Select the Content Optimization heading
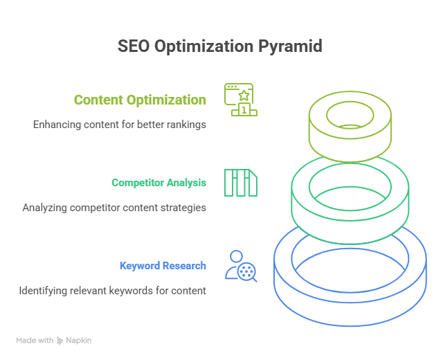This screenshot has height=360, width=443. tap(140, 100)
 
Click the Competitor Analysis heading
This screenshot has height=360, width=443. tap(159, 183)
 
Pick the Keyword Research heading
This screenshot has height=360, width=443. tap(163, 266)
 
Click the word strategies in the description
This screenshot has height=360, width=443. tap(183, 208)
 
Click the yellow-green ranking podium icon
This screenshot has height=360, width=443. tap(240, 99)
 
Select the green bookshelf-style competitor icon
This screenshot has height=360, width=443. tap(240, 182)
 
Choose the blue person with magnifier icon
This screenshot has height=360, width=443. tap(240, 266)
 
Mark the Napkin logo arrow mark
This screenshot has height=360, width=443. tap(60, 341)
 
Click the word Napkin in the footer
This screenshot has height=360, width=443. tap(79, 341)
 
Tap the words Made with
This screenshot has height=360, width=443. tap(35, 341)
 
